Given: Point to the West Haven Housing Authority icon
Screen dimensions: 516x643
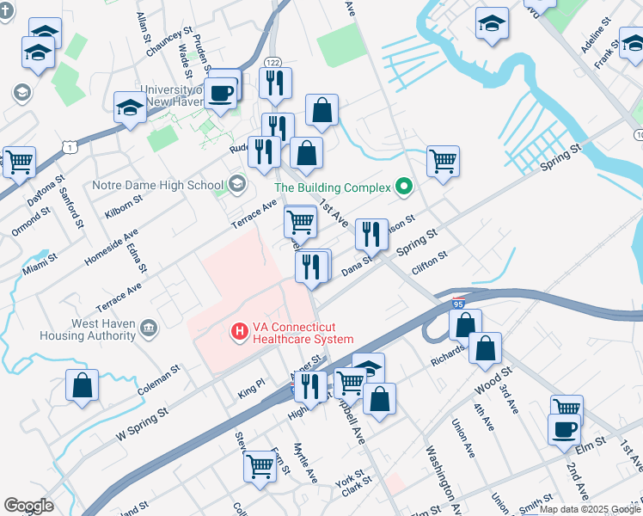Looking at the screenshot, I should coord(148,329).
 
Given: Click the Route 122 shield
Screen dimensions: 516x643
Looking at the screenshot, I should coord(273,62).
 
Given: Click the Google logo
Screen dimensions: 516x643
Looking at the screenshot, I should coord(28,506).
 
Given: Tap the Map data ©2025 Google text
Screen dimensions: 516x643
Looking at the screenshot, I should coord(591,509).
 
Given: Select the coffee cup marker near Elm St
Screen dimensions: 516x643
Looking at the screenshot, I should coord(565,428).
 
